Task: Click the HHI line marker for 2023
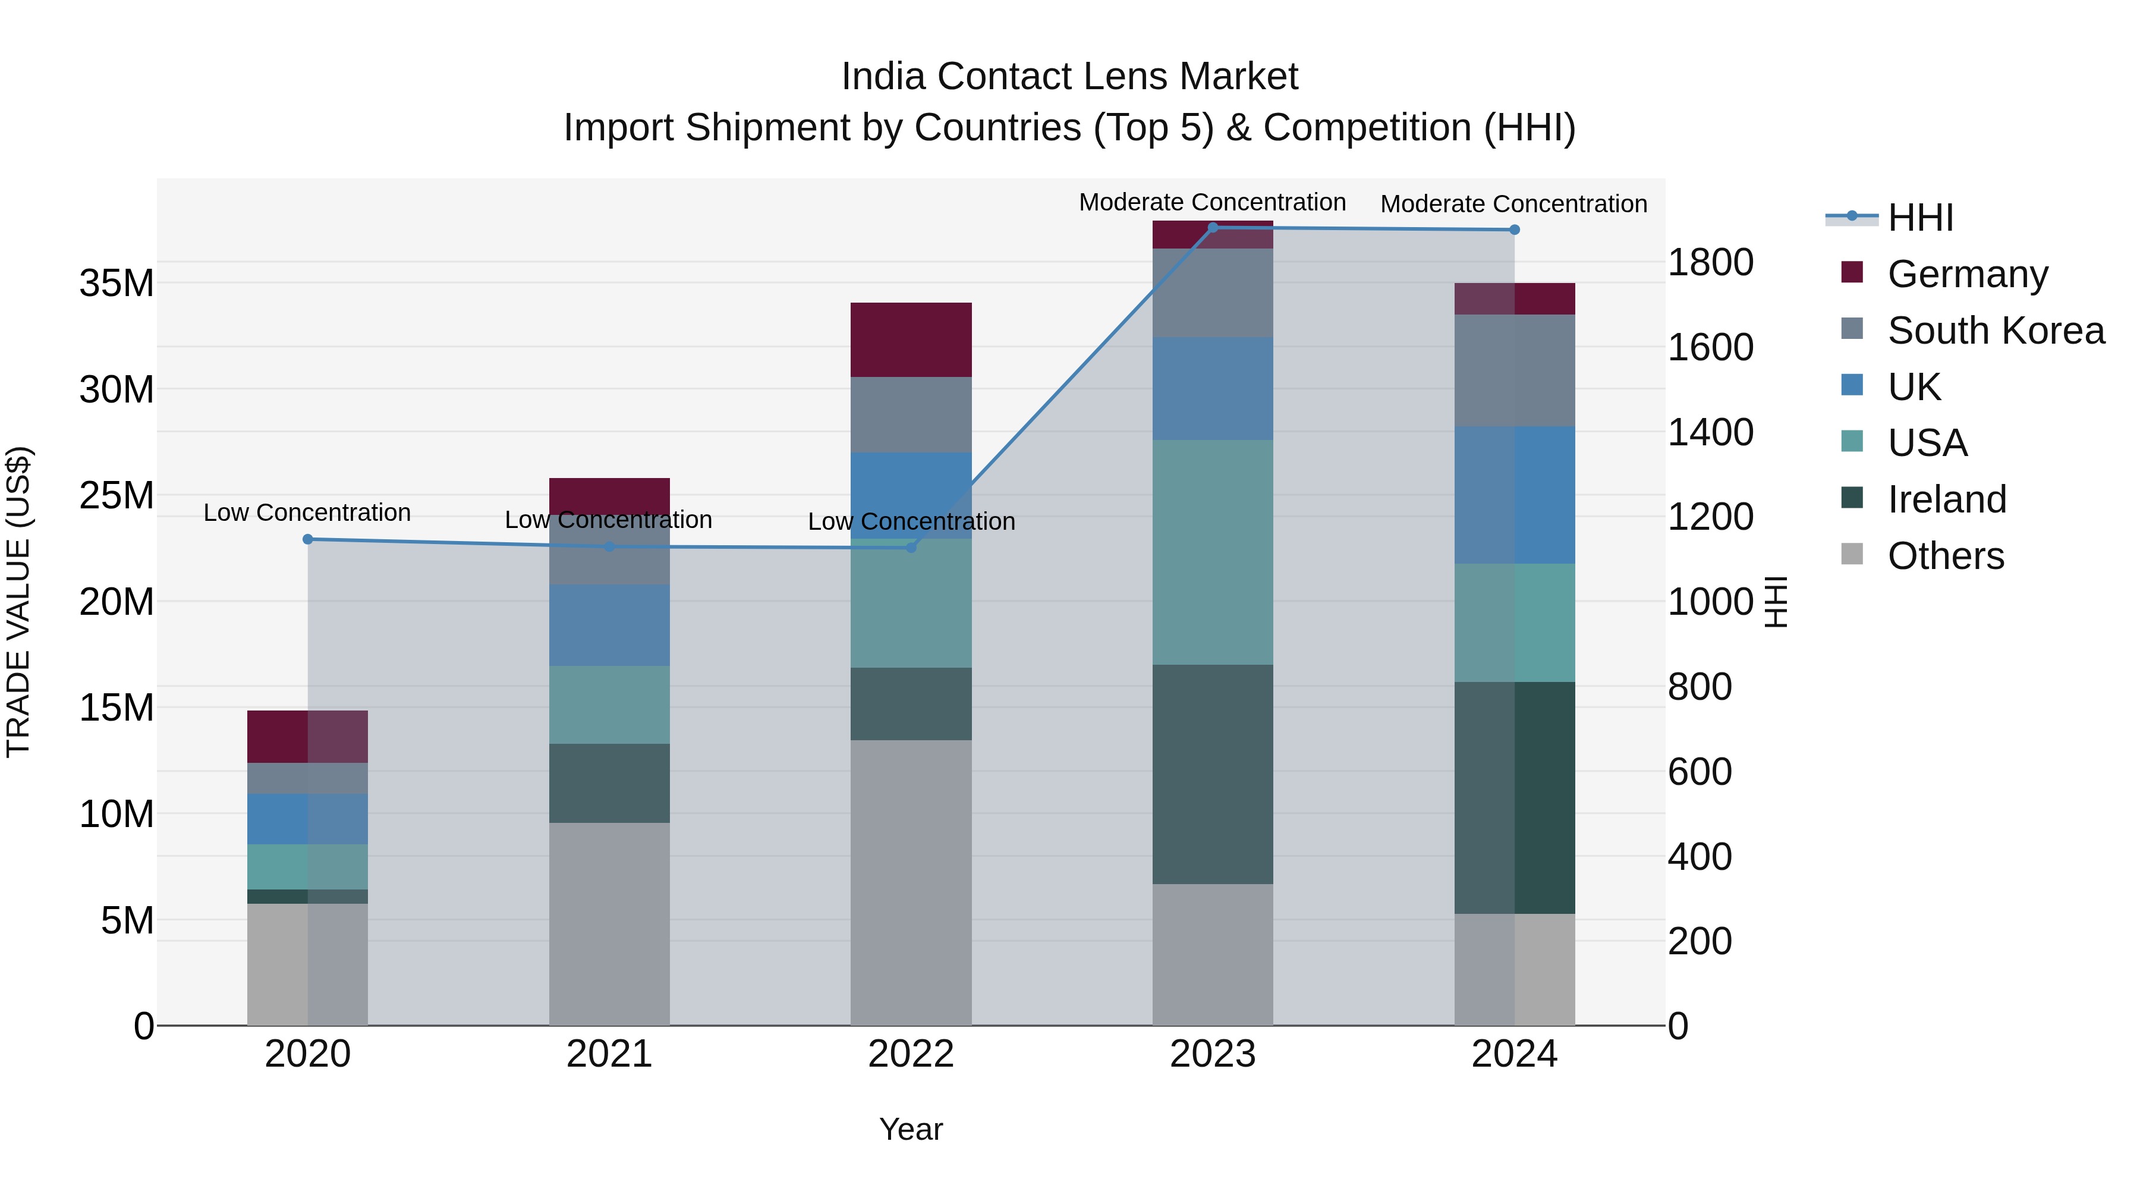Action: click(x=1212, y=228)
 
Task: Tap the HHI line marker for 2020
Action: click(x=307, y=539)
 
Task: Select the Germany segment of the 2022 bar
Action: click(x=911, y=340)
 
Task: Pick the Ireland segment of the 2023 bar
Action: click(x=1212, y=774)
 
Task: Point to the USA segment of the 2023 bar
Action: click(x=1212, y=552)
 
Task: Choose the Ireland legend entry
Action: click(x=1946, y=499)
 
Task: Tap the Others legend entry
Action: click(x=1945, y=556)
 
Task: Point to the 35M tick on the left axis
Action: click(x=117, y=284)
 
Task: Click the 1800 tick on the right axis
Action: click(x=1710, y=263)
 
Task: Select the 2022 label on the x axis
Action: click(x=911, y=1054)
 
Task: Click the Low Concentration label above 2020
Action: click(x=307, y=513)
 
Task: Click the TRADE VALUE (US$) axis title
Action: click(x=18, y=602)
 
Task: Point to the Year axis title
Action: click(x=911, y=1129)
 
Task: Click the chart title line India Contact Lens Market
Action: click(x=1069, y=77)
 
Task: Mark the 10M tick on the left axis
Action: click(x=117, y=815)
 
